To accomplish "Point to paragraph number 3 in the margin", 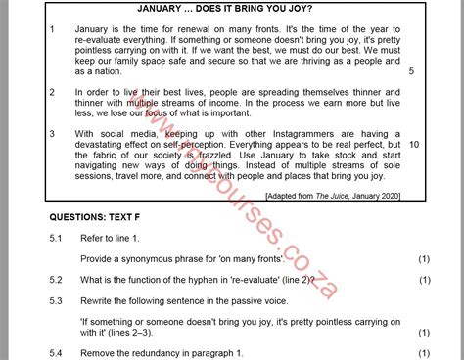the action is pos(52,131).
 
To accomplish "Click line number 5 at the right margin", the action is pos(411,71).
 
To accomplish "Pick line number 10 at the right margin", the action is pos(415,145).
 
